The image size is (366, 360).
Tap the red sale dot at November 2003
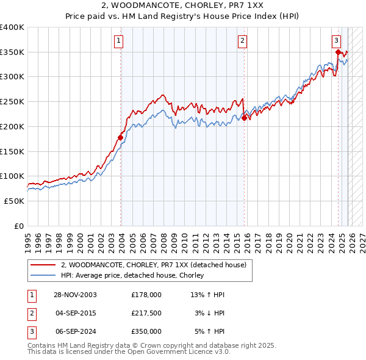tap(121, 137)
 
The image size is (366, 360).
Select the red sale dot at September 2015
tap(244, 118)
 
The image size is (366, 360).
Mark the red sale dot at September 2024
tap(338, 52)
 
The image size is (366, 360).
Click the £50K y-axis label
tap(15, 201)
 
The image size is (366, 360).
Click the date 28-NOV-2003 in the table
tap(76, 295)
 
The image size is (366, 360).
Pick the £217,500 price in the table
tap(146, 313)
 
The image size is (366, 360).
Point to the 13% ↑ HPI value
tap(207, 295)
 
